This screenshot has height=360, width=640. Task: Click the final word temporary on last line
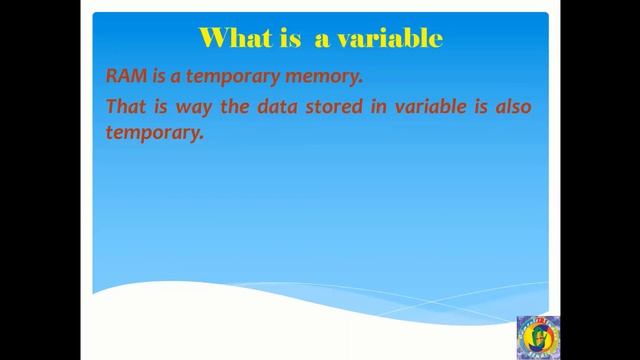point(154,133)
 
